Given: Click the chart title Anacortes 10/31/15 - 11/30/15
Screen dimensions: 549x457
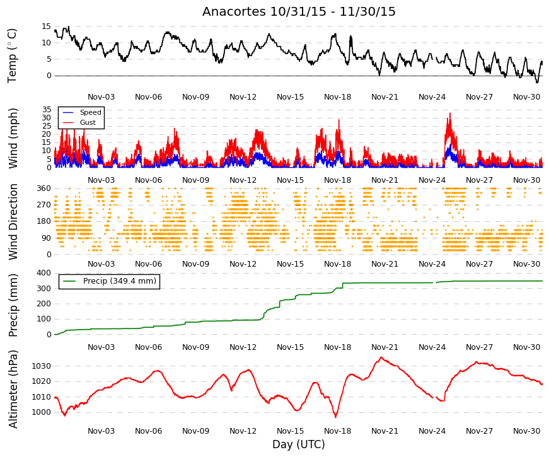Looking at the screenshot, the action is tap(299, 11).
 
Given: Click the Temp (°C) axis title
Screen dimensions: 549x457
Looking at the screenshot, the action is tap(12, 55).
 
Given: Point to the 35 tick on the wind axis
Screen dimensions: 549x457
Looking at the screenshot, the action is tap(47, 110).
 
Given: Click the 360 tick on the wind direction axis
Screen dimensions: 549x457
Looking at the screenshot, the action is tap(44, 188).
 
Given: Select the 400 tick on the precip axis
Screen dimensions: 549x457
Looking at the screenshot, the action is tap(44, 273).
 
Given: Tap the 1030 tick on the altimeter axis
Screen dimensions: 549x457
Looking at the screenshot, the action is tap(42, 366).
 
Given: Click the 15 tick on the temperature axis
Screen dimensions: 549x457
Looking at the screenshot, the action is tap(47, 26).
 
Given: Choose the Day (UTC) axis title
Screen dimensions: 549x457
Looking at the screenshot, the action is tap(299, 444).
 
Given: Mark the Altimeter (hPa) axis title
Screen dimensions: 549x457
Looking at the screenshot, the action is tap(13, 389).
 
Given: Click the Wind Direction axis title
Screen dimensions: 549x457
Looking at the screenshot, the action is tap(13, 222).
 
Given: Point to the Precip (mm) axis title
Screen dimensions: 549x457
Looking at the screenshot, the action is tap(13, 305).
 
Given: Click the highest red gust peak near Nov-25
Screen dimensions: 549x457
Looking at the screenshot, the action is tap(450, 113).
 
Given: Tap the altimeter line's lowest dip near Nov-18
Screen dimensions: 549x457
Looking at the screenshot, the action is tap(335, 417).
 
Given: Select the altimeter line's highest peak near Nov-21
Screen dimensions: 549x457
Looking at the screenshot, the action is tap(381, 357).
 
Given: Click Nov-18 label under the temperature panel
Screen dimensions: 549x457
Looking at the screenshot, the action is tap(337, 97).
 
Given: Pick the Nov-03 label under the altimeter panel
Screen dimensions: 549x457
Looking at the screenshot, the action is tap(101, 431).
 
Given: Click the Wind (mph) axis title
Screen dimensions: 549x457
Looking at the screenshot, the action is tap(13, 138).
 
